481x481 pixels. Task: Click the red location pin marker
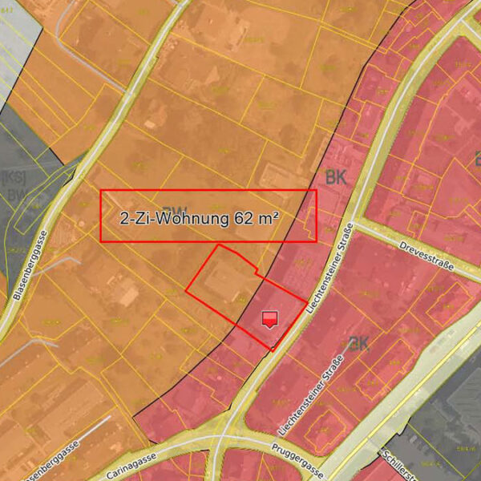click(x=270, y=319)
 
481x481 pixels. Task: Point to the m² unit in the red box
click(x=269, y=216)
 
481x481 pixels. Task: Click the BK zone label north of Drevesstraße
click(x=336, y=178)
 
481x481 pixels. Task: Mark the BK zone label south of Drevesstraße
click(x=358, y=343)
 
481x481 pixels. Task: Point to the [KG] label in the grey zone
click(x=13, y=177)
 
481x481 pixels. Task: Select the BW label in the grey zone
click(x=14, y=195)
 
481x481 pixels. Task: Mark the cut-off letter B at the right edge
click(x=477, y=159)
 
